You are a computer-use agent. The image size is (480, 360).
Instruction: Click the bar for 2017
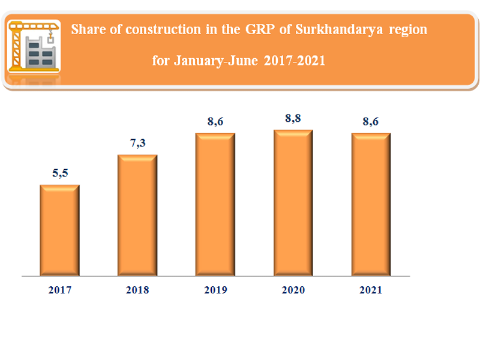click(59, 230)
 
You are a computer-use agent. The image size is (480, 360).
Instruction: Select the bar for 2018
click(137, 215)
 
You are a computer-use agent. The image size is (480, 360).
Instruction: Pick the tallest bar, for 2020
click(293, 202)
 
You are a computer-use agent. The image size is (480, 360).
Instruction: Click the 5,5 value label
click(59, 173)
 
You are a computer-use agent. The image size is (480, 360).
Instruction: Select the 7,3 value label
click(137, 144)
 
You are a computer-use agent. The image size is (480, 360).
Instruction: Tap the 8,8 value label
click(293, 118)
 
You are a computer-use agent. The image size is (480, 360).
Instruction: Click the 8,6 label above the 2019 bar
click(215, 121)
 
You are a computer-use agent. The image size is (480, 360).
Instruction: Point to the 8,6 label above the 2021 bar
click(371, 121)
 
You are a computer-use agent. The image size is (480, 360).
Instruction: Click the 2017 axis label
click(59, 290)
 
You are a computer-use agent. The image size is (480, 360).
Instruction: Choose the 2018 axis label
click(137, 290)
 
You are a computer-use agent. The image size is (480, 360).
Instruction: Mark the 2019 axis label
click(215, 290)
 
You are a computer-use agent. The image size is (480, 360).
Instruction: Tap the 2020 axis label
click(293, 290)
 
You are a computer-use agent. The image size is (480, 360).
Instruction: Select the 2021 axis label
click(371, 290)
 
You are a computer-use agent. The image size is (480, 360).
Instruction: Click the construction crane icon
click(35, 46)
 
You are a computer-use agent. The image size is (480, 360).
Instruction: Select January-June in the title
click(215, 61)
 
